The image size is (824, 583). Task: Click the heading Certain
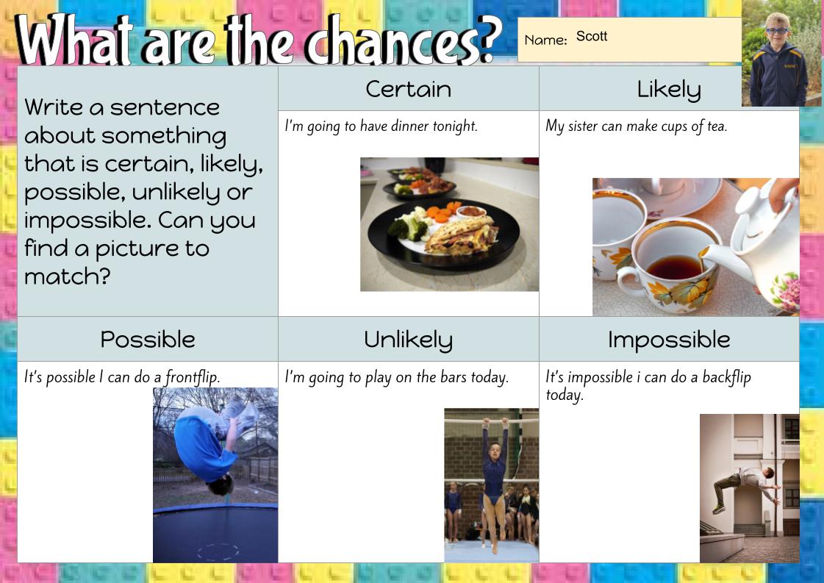tap(408, 89)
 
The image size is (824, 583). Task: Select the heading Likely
tap(668, 89)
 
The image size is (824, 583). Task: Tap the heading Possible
tap(148, 339)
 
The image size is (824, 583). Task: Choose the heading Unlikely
tap(408, 339)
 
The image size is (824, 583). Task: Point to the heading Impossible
tap(668, 339)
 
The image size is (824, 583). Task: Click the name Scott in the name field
tap(592, 36)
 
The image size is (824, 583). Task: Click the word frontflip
tap(192, 377)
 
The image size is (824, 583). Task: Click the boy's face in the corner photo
tap(777, 32)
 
